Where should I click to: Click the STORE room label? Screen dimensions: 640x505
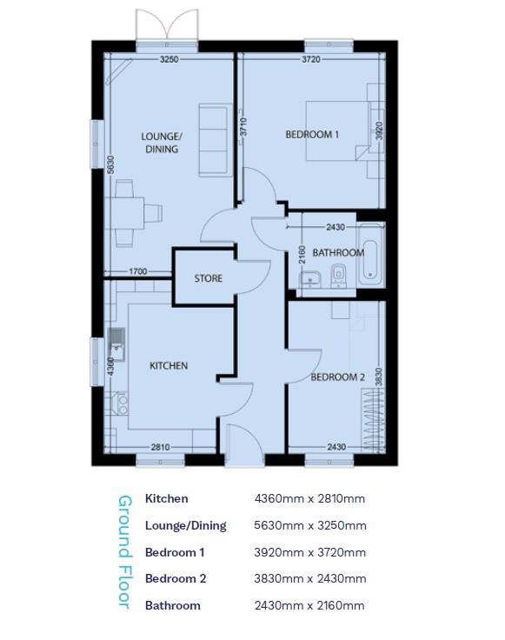click(x=208, y=279)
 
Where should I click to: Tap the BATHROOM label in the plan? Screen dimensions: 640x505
click(x=338, y=253)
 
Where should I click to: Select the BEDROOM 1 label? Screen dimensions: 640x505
click(x=312, y=134)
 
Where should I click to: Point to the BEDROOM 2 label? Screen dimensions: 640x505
click(x=337, y=377)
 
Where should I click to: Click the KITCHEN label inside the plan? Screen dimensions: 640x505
click(x=169, y=366)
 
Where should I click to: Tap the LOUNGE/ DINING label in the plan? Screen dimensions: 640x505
click(x=162, y=143)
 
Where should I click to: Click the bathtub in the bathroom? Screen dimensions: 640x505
click(x=371, y=254)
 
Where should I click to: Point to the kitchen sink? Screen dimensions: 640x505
click(x=116, y=341)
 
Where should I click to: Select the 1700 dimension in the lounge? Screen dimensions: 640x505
click(x=137, y=272)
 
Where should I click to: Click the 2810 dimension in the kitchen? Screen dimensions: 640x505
click(x=160, y=447)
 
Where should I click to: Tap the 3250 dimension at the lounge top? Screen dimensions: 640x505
click(x=169, y=59)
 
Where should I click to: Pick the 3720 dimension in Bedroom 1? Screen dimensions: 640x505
click(x=311, y=59)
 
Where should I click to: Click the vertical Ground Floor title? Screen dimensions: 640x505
click(x=124, y=551)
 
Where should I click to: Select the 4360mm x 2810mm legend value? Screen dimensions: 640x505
click(x=309, y=499)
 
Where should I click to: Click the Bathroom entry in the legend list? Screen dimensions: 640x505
click(x=172, y=605)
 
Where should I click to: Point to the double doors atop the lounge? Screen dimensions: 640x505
click(x=165, y=26)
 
